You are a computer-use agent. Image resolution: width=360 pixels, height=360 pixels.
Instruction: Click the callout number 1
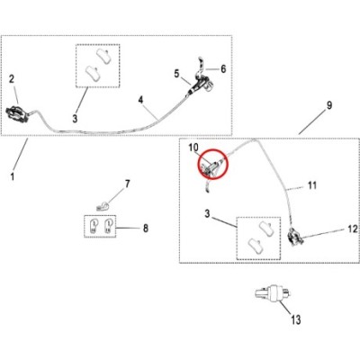click(13, 176)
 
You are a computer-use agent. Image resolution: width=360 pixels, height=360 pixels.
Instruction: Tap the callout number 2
click(12, 79)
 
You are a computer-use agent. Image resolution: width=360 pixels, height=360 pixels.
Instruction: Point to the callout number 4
click(140, 100)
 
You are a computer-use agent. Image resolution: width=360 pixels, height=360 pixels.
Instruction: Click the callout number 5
click(176, 73)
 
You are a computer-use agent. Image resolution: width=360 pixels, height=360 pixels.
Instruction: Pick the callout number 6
click(223, 68)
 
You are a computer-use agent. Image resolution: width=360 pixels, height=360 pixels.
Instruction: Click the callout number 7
click(128, 184)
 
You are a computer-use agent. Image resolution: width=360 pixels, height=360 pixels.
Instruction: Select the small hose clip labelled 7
click(103, 206)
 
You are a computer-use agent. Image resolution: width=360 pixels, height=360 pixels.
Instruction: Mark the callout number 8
click(146, 229)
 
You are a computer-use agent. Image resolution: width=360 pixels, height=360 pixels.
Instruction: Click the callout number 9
click(329, 105)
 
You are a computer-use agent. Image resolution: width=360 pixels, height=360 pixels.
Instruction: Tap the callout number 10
click(193, 148)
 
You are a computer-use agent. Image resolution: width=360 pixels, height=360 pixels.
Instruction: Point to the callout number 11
click(312, 185)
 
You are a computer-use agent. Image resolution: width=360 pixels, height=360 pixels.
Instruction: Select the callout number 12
click(353, 229)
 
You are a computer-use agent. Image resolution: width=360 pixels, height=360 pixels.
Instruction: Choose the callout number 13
click(295, 319)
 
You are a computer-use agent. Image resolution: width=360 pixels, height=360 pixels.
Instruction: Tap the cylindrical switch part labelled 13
click(272, 292)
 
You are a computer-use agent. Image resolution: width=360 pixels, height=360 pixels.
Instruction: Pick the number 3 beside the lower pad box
click(207, 214)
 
